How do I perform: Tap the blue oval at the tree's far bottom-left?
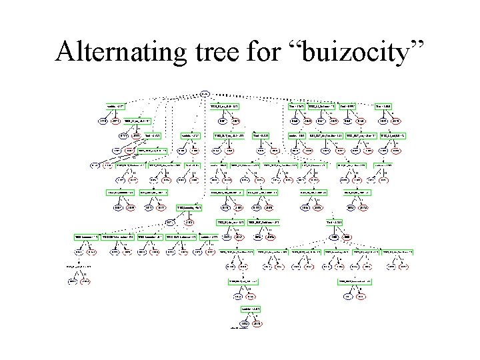[71, 281]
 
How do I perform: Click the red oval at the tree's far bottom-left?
[85, 281]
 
